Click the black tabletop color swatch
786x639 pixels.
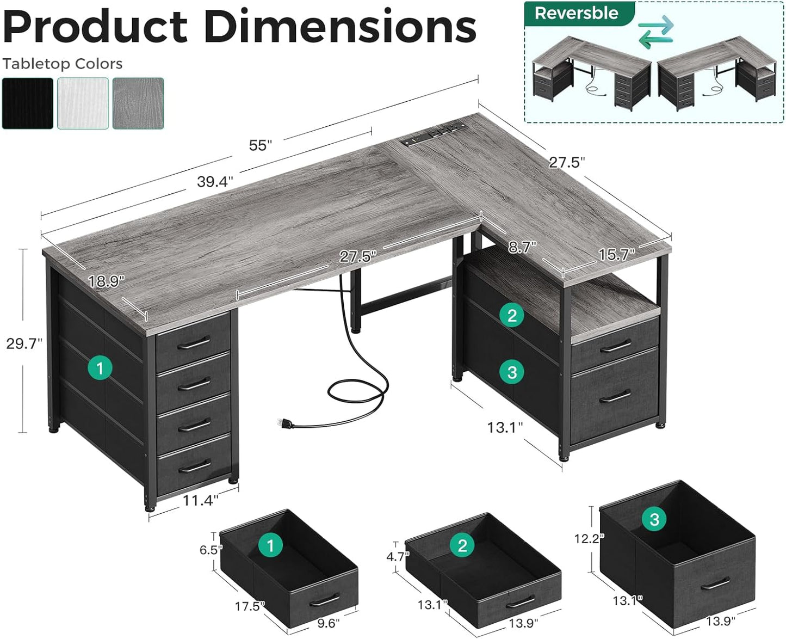click(x=28, y=103)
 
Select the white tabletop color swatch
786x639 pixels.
click(x=83, y=103)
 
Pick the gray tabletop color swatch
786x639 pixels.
click(x=138, y=103)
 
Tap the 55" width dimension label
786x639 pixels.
click(x=260, y=145)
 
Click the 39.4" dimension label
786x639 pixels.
click(x=215, y=182)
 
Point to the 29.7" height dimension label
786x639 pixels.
click(x=24, y=343)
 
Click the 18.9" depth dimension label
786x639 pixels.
click(x=106, y=281)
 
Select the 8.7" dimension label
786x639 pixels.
click(x=522, y=248)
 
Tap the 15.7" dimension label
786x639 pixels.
click(x=616, y=254)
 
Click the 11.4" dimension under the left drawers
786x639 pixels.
click(x=200, y=500)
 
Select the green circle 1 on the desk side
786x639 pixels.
click(x=100, y=368)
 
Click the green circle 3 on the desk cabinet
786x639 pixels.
click(x=512, y=372)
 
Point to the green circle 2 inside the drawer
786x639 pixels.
click(x=462, y=545)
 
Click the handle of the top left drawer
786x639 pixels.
click(x=193, y=343)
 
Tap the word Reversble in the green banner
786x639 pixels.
click(x=576, y=13)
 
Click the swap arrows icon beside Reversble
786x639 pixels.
click(x=655, y=32)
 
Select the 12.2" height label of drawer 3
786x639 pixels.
click(x=589, y=538)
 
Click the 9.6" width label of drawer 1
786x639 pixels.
click(x=326, y=623)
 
